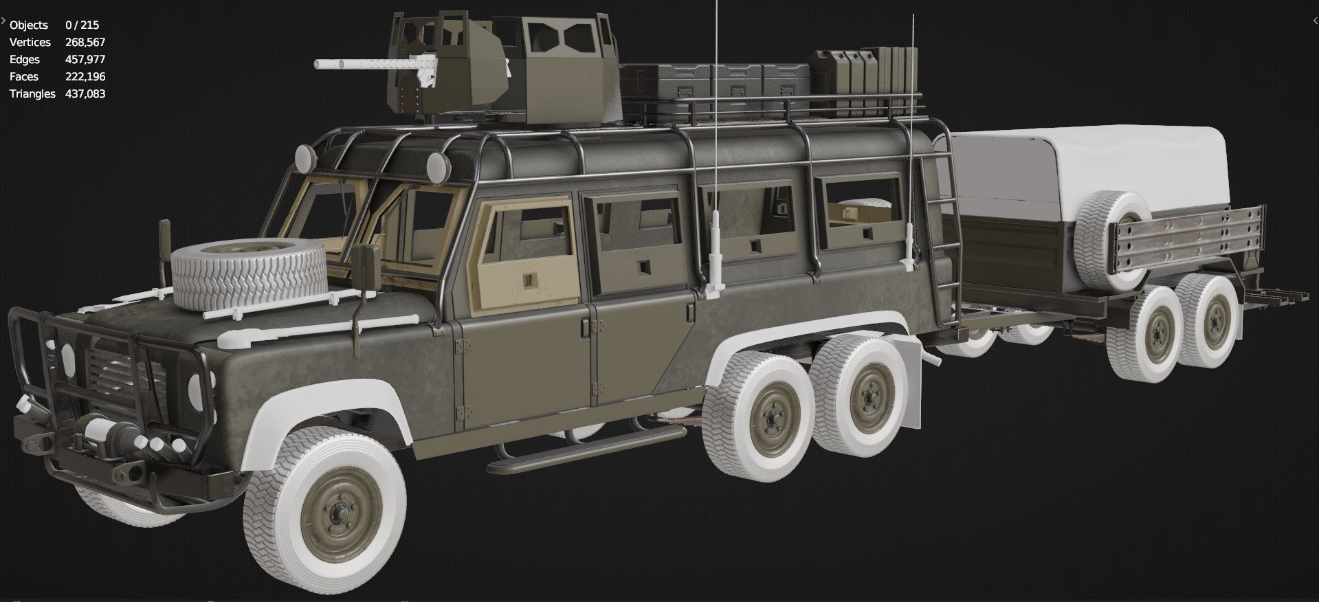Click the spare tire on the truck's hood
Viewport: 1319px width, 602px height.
point(249,275)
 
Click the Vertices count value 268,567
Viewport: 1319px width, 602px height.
point(85,42)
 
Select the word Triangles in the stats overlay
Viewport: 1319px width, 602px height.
point(32,93)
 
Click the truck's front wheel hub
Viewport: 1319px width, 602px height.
point(337,512)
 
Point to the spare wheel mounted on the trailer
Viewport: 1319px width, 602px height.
point(1111,240)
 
